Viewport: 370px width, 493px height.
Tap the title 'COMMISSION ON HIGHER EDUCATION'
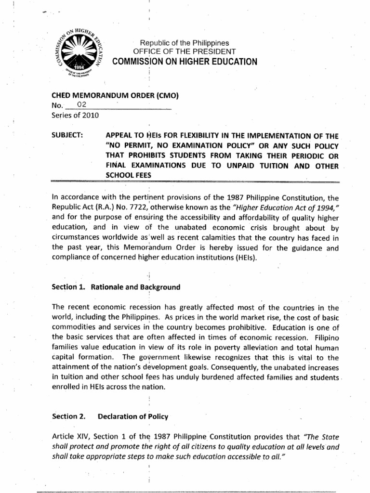click(x=185, y=61)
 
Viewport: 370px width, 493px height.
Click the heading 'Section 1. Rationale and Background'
click(x=116, y=287)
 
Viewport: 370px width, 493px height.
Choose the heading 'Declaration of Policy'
click(x=126, y=416)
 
